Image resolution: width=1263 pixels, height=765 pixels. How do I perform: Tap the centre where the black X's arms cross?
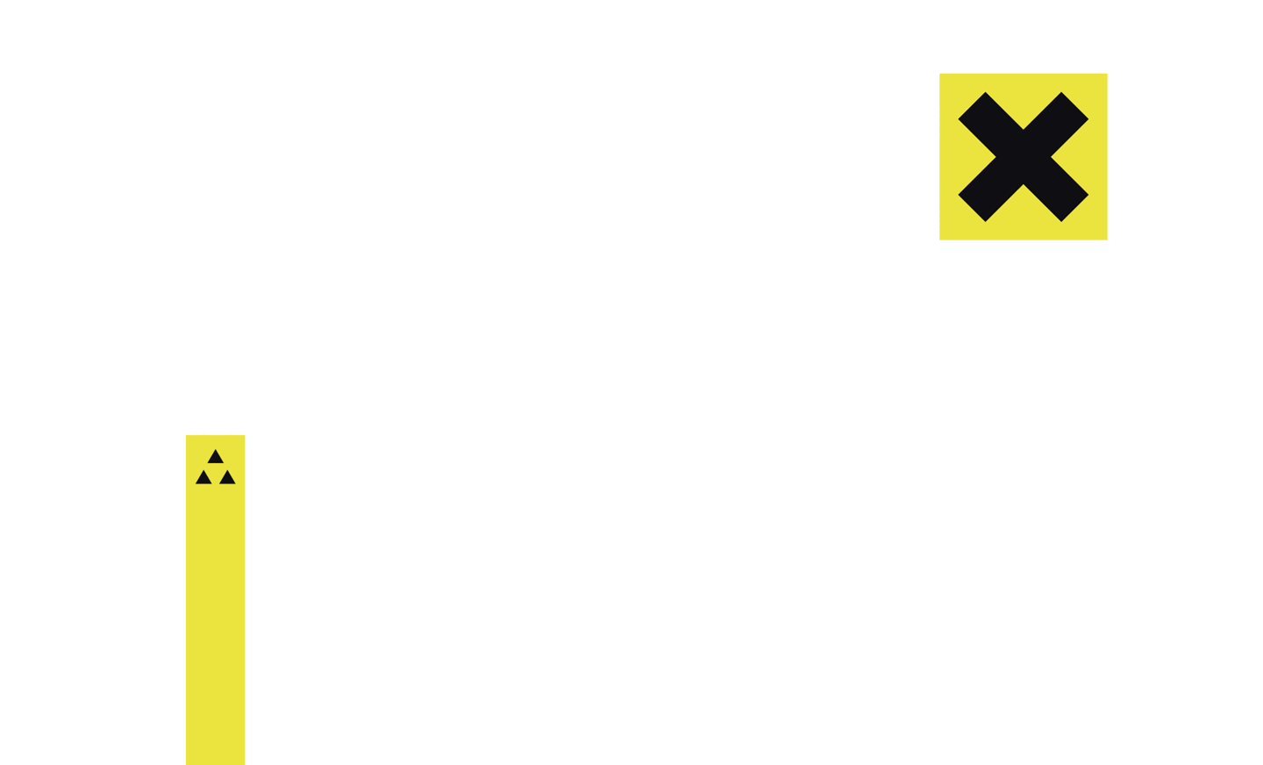point(1023,157)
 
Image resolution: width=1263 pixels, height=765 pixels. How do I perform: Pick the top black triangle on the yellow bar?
point(216,457)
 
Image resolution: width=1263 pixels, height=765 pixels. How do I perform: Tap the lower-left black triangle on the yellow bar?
point(203,478)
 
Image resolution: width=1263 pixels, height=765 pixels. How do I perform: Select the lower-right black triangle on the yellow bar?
point(227,478)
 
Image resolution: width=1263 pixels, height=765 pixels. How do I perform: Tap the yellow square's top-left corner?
point(941,75)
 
